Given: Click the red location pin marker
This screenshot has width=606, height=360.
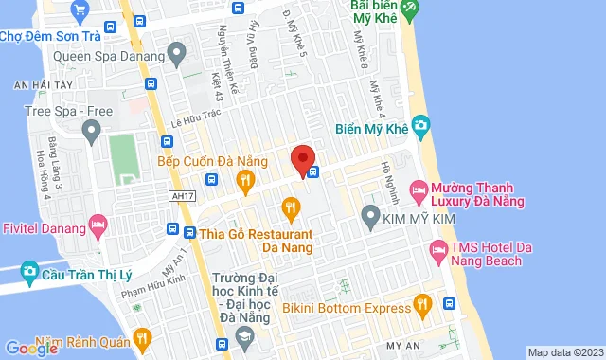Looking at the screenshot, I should (302, 160).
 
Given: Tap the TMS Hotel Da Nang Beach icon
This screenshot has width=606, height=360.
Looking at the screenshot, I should (437, 251).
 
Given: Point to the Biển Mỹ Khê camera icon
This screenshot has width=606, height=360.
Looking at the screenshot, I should (420, 124).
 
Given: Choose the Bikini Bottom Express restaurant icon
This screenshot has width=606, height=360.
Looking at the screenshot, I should (422, 305).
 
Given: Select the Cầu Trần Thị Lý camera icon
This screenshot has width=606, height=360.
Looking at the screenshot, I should (29, 273).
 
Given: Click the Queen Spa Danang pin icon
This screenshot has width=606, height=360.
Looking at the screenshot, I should (174, 53).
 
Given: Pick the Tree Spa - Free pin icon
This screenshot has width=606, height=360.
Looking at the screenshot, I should (92, 132).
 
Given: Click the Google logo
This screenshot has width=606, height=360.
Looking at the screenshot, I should (31, 348).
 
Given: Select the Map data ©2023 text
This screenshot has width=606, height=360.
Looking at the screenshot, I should (564, 352).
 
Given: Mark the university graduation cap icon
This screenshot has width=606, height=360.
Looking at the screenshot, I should (244, 335).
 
